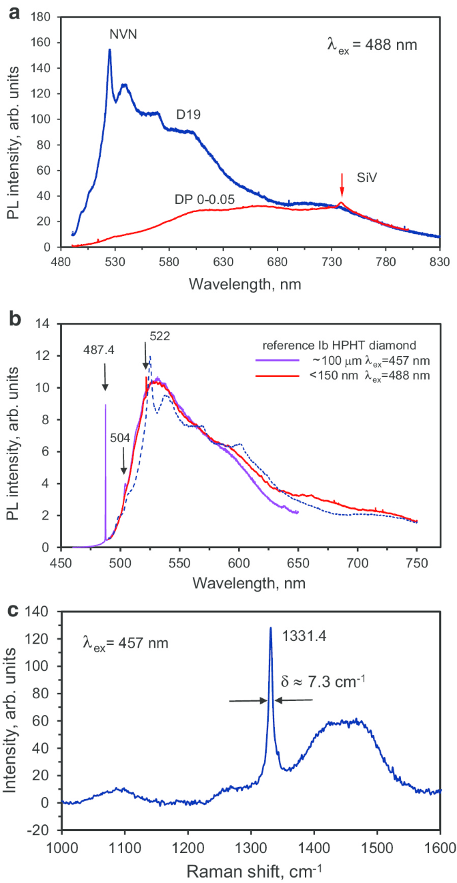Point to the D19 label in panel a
[189, 115]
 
